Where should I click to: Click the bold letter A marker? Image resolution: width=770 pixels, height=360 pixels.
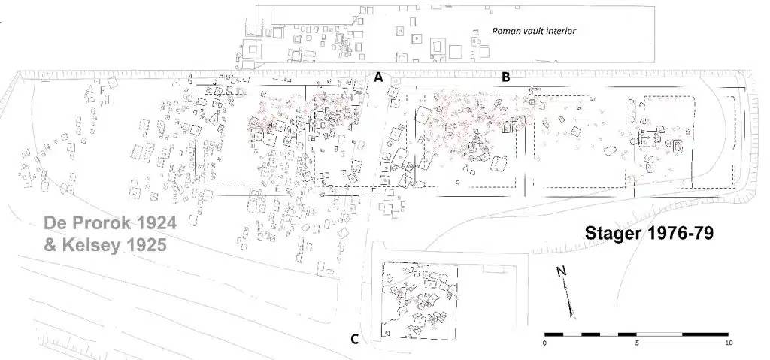[x=378, y=77]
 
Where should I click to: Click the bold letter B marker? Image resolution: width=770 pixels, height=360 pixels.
[x=505, y=77]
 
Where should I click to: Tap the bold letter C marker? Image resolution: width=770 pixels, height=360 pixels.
[x=355, y=340]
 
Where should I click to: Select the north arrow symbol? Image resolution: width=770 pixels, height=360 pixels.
[x=570, y=300]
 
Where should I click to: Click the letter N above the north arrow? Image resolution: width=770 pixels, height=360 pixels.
[x=561, y=271]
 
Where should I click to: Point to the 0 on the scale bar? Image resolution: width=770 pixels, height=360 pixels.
[x=544, y=343]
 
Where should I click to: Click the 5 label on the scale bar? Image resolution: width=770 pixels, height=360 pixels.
[x=637, y=343]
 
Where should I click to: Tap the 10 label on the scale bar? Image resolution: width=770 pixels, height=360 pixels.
[x=729, y=343]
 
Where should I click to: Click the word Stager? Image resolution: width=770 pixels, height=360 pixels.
[x=614, y=234]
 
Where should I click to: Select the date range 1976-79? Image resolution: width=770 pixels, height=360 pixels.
[x=680, y=233]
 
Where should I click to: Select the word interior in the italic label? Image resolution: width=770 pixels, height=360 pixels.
[x=559, y=31]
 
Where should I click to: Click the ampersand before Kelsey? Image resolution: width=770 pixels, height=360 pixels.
[x=50, y=244]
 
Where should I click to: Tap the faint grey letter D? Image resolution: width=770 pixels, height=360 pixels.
[x=240, y=93]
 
